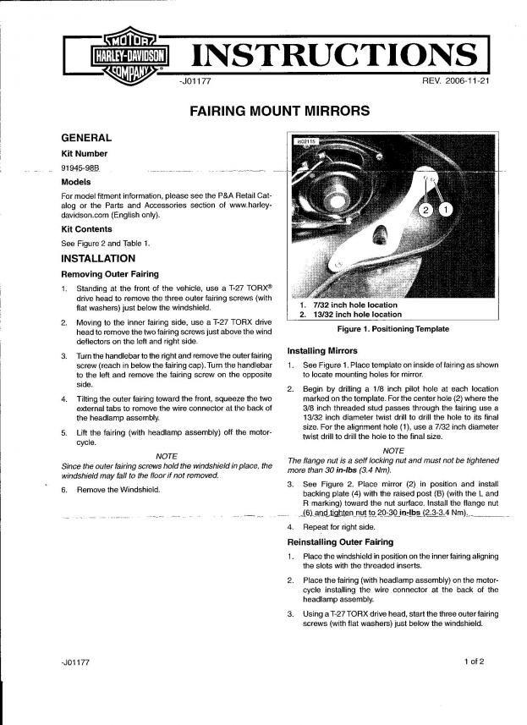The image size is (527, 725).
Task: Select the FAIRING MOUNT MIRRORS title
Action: click(x=266, y=110)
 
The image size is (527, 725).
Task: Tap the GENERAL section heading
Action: click(x=86, y=137)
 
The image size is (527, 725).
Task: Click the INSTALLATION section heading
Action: click(x=98, y=258)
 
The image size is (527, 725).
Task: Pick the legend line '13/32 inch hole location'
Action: click(x=353, y=315)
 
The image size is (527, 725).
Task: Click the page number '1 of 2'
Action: click(x=475, y=661)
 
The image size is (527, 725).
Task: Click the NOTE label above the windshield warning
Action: click(x=167, y=455)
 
